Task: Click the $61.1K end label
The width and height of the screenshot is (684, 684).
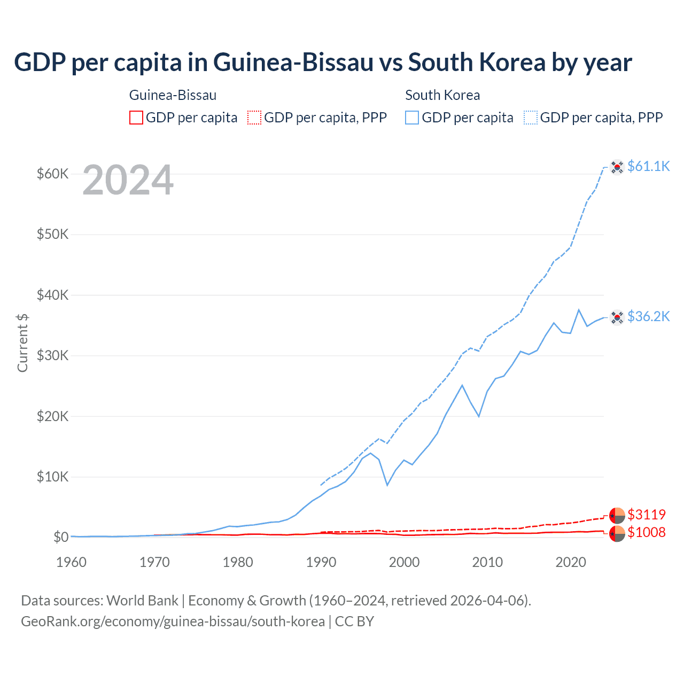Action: [x=648, y=166]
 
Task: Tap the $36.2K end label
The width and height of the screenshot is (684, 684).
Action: [x=648, y=316]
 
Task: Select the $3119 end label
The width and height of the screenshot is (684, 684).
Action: [x=646, y=515]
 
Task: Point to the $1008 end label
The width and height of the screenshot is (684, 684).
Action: [x=646, y=532]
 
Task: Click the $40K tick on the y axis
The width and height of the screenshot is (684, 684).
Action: [x=52, y=295]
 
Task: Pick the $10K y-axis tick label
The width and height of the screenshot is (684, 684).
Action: [x=52, y=477]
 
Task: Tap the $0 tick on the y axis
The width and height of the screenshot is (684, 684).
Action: [x=60, y=537]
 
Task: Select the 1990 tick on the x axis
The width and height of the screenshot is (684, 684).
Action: [x=321, y=562]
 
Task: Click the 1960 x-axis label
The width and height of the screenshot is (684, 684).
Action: [x=72, y=562]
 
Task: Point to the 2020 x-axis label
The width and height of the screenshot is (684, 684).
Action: [x=571, y=562]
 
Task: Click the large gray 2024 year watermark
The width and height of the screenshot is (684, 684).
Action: [x=128, y=181]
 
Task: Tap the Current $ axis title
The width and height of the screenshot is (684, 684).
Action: [x=22, y=343]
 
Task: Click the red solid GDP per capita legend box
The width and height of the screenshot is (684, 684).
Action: [x=136, y=118]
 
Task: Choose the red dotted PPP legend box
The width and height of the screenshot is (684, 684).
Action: [x=254, y=118]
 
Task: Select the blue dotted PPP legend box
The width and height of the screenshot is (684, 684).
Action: [x=531, y=118]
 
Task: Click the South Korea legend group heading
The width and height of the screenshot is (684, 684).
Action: [x=442, y=95]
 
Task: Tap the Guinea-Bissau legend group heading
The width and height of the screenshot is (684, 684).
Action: [x=173, y=95]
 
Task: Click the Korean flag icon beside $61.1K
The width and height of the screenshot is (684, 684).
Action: [x=617, y=167]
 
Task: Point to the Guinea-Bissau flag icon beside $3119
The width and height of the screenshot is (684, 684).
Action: [x=617, y=516]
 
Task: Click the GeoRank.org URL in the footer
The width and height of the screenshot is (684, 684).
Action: [x=173, y=621]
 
